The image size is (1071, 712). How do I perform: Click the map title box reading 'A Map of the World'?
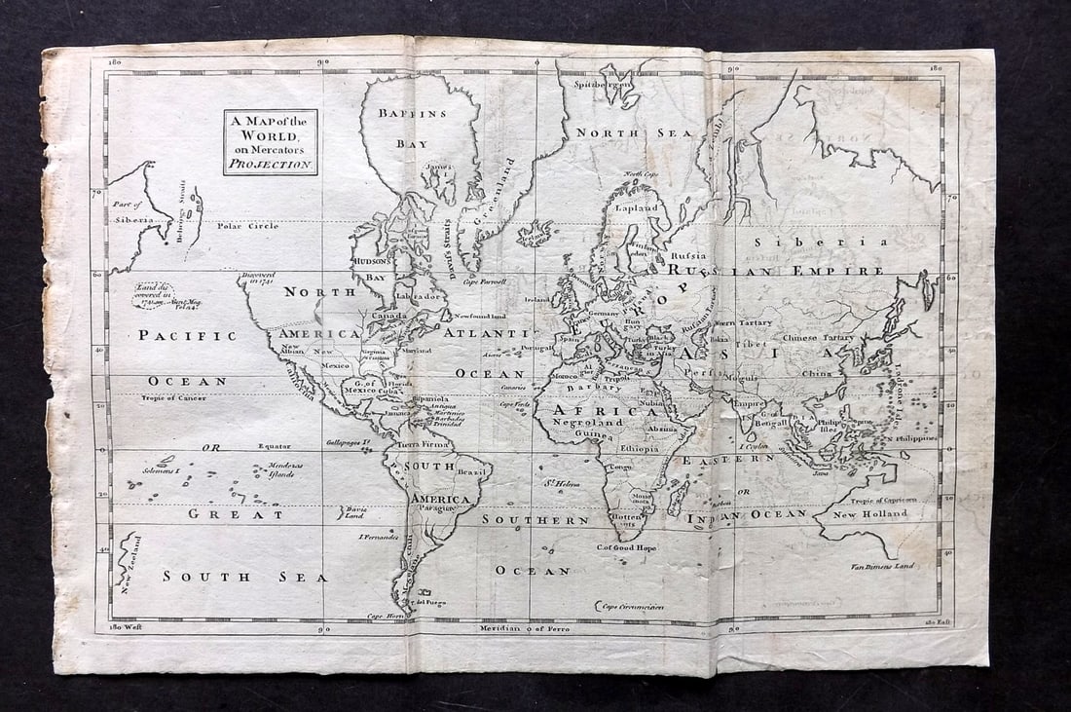point(271,142)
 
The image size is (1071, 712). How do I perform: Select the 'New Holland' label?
point(869,513)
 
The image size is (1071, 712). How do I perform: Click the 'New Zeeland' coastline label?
point(129,563)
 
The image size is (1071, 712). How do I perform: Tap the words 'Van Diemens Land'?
point(882,566)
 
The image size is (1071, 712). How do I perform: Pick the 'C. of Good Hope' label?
point(626,547)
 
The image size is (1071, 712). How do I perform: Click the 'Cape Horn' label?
point(386,617)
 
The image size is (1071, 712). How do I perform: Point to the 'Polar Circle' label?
point(247,226)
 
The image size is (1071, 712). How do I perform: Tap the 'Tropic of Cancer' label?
point(173,397)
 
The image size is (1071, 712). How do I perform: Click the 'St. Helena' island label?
point(562,483)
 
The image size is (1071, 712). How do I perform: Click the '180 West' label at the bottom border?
point(127,628)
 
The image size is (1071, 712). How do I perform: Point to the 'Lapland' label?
point(636,207)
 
